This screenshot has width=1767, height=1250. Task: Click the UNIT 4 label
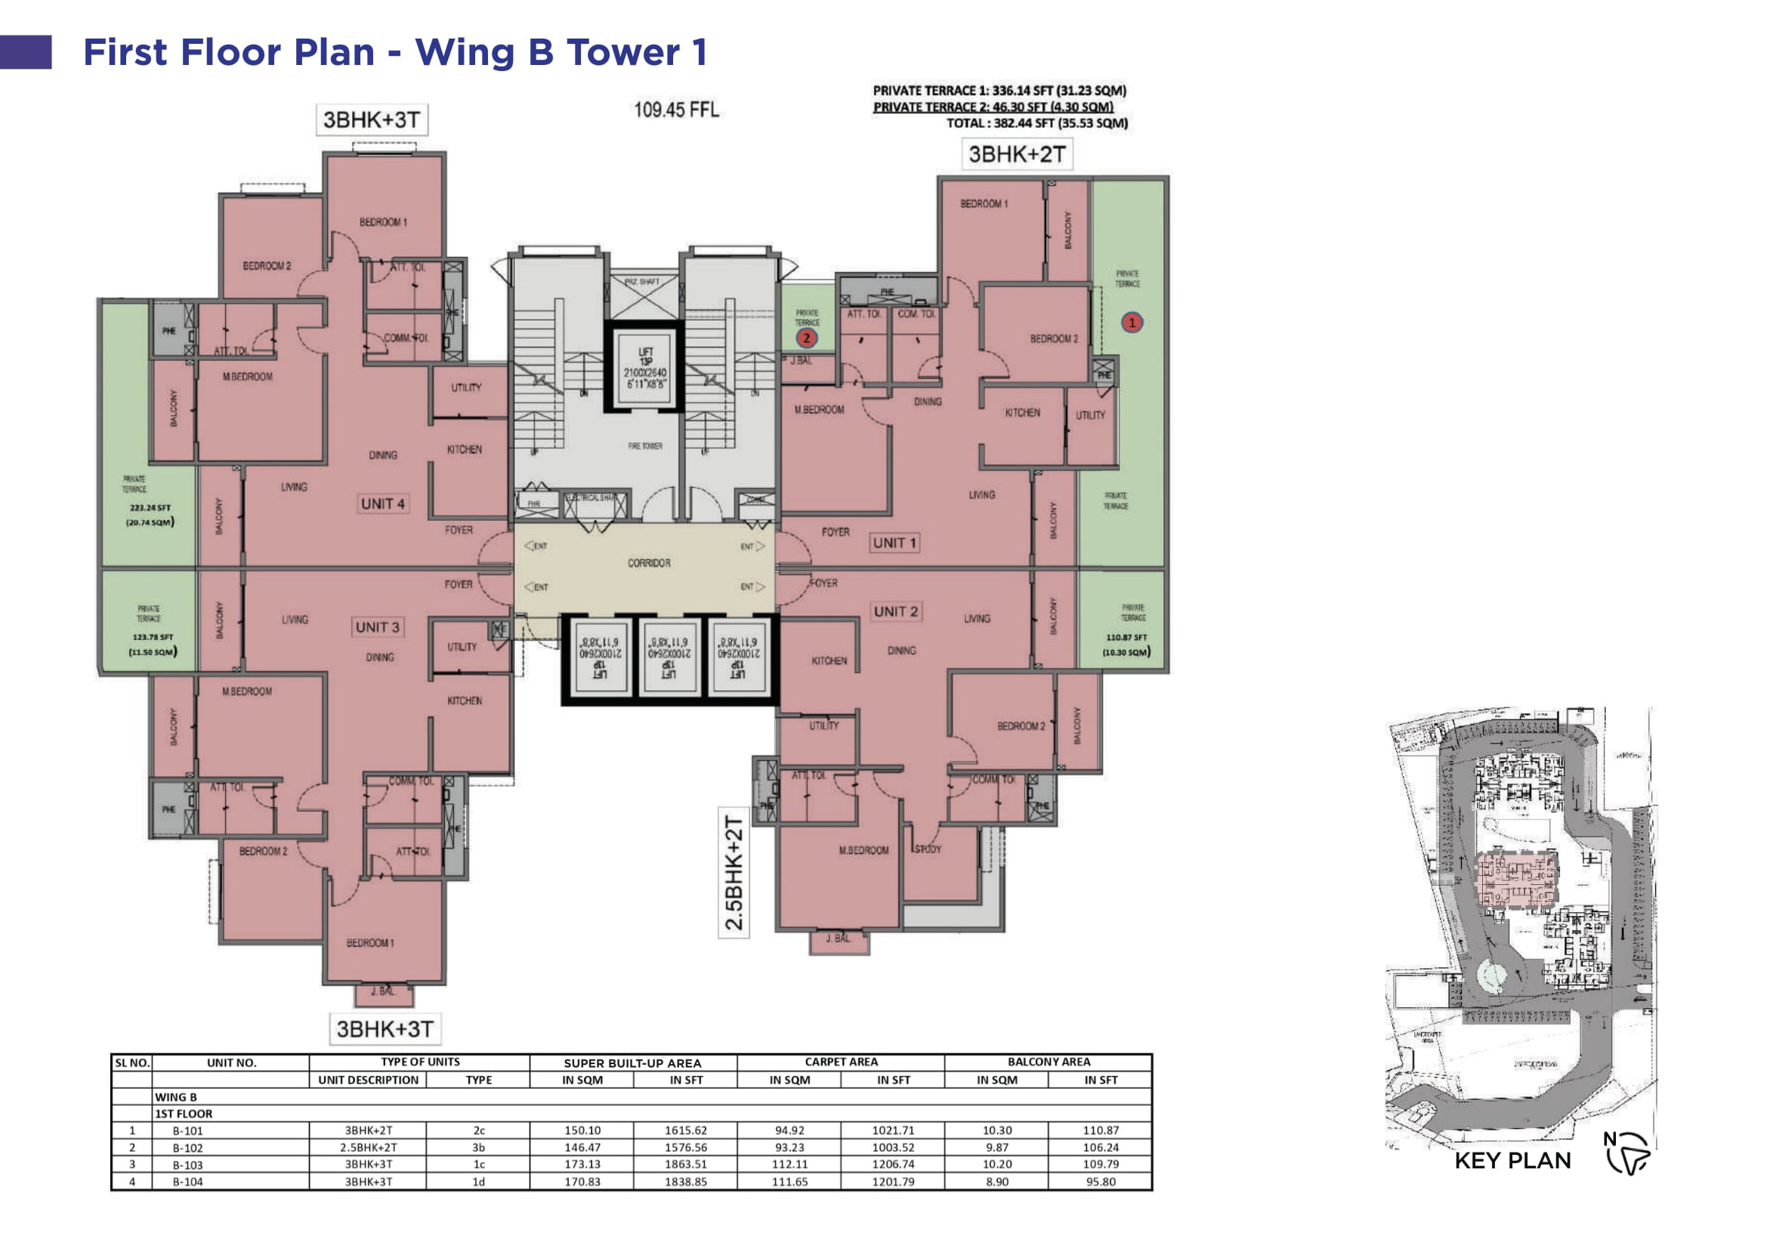(382, 504)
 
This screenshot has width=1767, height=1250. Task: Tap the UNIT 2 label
(895, 612)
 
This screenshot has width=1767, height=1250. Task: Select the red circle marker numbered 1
(1132, 323)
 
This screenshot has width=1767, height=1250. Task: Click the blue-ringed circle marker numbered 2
(807, 338)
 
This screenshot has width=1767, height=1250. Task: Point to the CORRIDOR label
(649, 564)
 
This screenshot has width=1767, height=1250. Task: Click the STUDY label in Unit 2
(928, 849)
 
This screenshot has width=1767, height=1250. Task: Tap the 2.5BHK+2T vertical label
(734, 873)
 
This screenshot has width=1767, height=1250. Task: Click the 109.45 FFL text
(675, 110)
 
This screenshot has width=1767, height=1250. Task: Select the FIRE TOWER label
(645, 447)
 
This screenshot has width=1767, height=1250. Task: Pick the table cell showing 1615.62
(685, 1131)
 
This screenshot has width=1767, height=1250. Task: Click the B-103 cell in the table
(188, 1165)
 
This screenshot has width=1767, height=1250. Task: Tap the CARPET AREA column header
(840, 1062)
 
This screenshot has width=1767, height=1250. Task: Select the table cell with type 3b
(478, 1148)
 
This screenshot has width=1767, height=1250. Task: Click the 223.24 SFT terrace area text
(150, 508)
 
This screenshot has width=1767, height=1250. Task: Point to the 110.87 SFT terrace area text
(1126, 637)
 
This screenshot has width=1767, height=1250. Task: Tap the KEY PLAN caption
(1512, 1161)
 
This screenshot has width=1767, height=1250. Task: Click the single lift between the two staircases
(645, 368)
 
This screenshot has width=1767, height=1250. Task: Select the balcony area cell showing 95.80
(1101, 1182)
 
